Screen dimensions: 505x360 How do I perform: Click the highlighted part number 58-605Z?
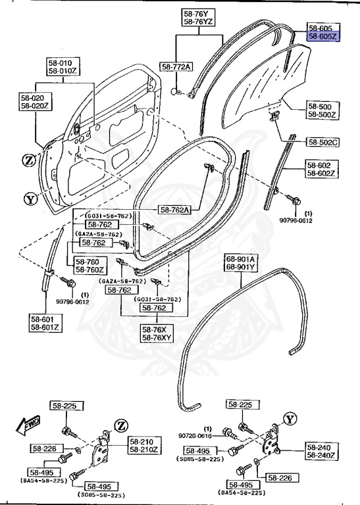(322, 37)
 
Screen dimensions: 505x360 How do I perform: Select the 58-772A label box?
(177, 67)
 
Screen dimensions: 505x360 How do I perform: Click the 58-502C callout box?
(322, 141)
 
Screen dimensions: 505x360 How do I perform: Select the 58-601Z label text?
(45, 327)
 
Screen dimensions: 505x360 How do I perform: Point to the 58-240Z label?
(322, 456)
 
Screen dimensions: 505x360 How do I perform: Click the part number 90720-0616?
(195, 435)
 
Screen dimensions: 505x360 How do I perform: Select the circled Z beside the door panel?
(30, 161)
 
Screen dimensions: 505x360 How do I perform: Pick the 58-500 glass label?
(322, 105)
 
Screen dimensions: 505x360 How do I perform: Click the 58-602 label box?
(322, 165)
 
